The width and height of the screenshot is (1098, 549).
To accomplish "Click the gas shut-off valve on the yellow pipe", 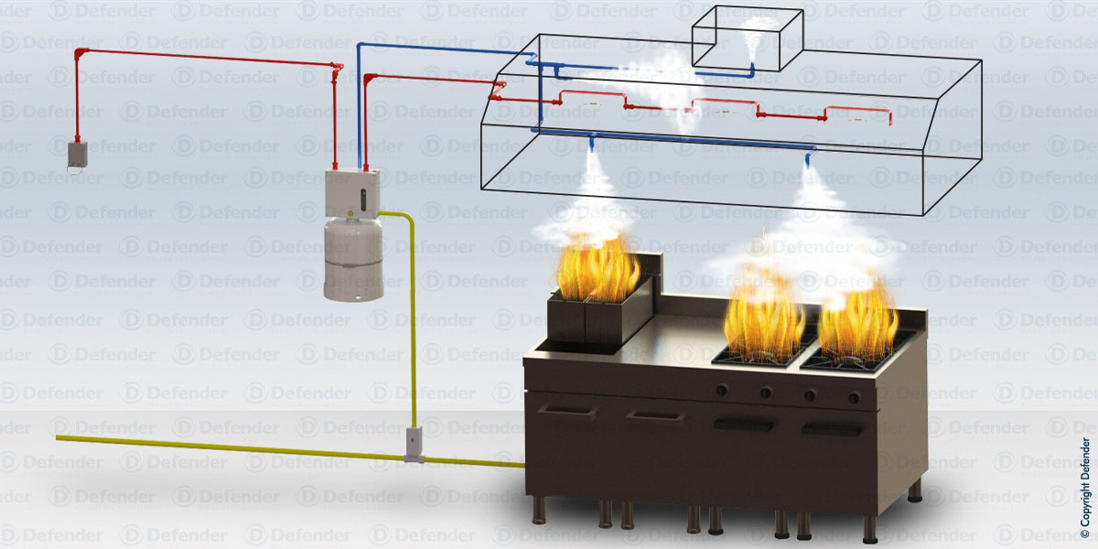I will coord(414,444).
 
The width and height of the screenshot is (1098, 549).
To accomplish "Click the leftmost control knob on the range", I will coord(722,391).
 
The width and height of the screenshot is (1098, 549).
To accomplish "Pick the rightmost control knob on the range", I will coord(853,398).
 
